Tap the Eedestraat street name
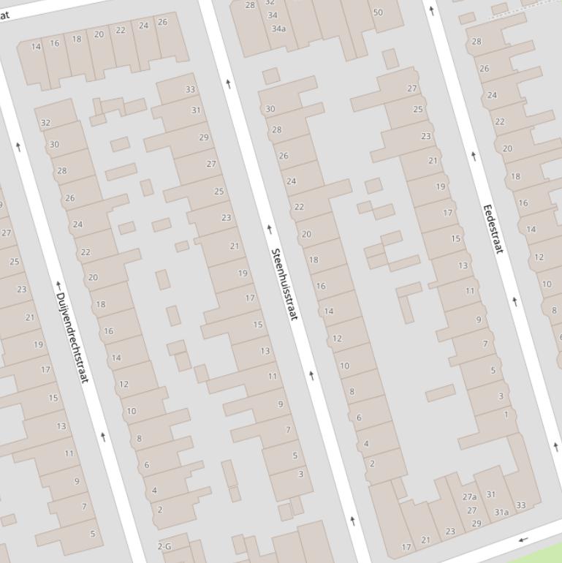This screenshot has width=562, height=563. (494, 229)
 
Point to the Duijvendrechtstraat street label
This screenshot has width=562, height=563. (72, 337)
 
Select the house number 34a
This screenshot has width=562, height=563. (278, 29)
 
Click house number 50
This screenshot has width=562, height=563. (378, 12)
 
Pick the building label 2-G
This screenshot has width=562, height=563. (164, 546)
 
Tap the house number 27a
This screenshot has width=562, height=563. (469, 497)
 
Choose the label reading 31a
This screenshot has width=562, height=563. (501, 512)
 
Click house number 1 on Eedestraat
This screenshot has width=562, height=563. (506, 415)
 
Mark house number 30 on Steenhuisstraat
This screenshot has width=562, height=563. (270, 109)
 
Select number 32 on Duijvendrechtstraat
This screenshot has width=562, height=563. (46, 123)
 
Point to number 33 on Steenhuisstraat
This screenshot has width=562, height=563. (191, 90)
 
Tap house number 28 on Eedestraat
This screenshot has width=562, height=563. (476, 42)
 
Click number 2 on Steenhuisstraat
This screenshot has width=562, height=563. (372, 464)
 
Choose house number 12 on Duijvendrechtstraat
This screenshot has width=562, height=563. (124, 384)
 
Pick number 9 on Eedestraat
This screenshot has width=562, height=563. (479, 320)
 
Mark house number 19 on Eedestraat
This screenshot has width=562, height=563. (441, 186)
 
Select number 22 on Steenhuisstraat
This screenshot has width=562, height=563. (299, 207)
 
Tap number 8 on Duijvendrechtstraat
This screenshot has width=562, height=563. (139, 439)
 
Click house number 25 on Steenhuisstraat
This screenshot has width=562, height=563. (219, 192)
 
